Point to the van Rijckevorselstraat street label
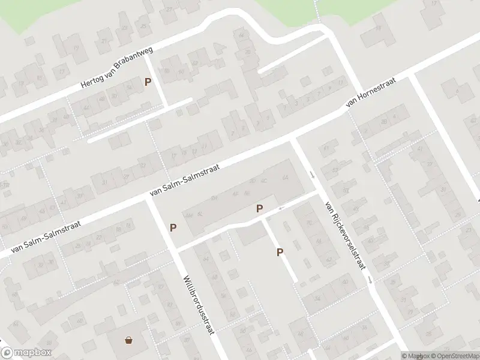(x=345, y=235)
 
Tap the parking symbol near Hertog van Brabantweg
(x=148, y=82)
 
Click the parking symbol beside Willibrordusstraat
(x=173, y=227)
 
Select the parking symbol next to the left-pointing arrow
(x=260, y=208)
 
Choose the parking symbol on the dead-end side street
(x=280, y=253)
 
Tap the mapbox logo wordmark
(x=26, y=353)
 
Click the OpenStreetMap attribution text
(x=452, y=356)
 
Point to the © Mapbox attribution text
(x=415, y=356)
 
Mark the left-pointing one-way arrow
(x=281, y=208)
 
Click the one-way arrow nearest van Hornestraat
(x=311, y=175)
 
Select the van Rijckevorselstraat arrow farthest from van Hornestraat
(x=371, y=280)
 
